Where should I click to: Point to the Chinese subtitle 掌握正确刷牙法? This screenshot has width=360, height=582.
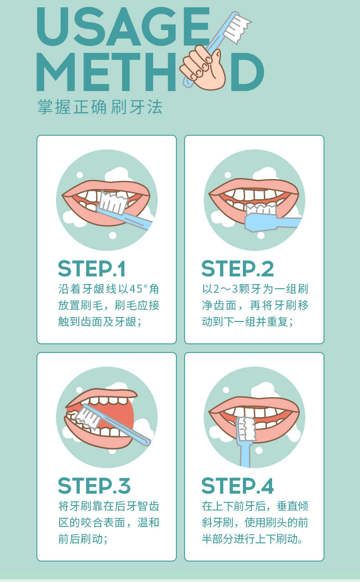100,107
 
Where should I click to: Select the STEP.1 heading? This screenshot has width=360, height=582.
92,269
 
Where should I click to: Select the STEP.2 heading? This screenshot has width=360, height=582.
237,269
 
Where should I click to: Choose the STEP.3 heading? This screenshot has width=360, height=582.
94,486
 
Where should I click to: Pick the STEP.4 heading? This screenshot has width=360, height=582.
237,486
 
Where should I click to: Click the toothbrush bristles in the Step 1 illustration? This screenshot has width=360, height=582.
113,202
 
